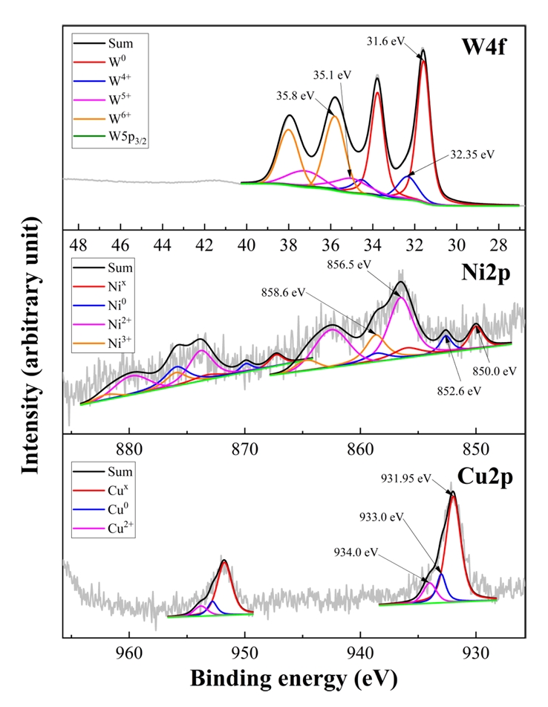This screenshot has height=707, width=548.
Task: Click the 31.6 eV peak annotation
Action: [387, 42]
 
